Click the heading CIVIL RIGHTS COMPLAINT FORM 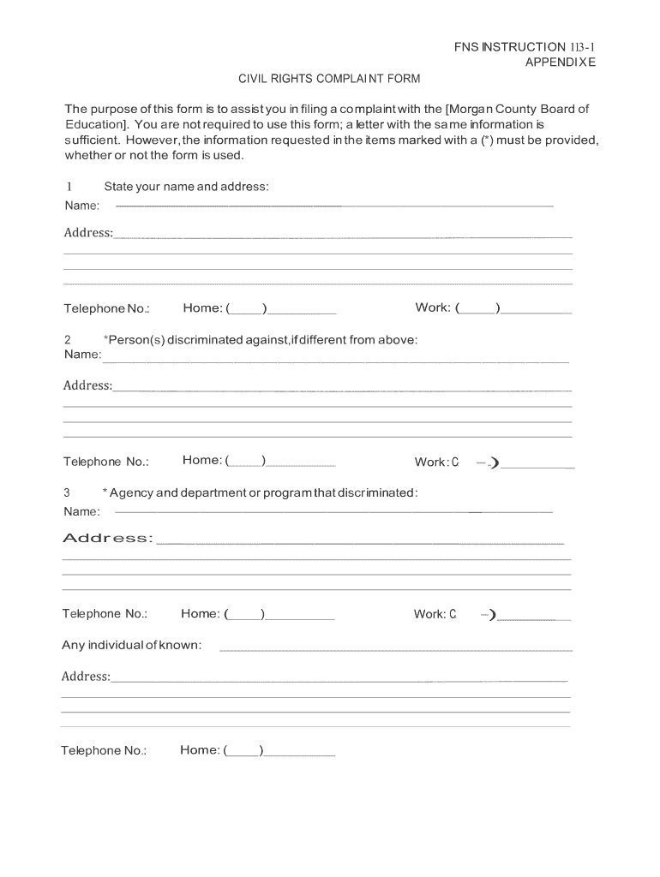pos(329,79)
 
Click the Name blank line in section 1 pos(334,206)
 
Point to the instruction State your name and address pos(186,187)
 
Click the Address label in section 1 pos(87,233)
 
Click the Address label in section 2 pos(87,385)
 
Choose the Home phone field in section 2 pos(258,462)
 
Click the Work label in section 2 pos(431,462)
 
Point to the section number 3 pos(67,492)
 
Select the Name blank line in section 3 pos(334,512)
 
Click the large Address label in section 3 pos(108,538)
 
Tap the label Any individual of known pos(131,645)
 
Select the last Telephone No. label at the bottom pos(104,751)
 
